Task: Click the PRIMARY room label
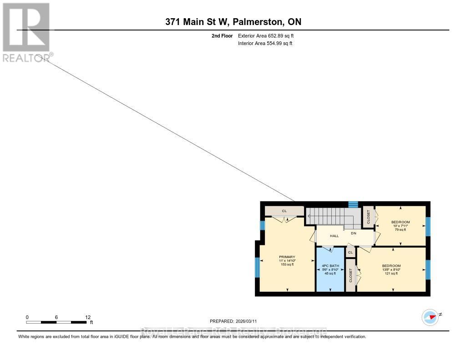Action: click(287, 257)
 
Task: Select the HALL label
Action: click(334, 236)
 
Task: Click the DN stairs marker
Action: click(353, 233)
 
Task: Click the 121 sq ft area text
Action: click(391, 273)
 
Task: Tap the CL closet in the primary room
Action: click(284, 211)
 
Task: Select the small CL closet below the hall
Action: click(350, 252)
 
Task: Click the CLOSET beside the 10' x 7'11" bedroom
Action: click(368, 216)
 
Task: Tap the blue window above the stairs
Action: click(353, 204)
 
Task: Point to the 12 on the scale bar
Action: click(88, 317)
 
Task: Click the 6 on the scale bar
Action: click(56, 317)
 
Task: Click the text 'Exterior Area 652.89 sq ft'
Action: click(269, 35)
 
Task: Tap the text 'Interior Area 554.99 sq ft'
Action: click(265, 43)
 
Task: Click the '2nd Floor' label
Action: click(222, 35)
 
